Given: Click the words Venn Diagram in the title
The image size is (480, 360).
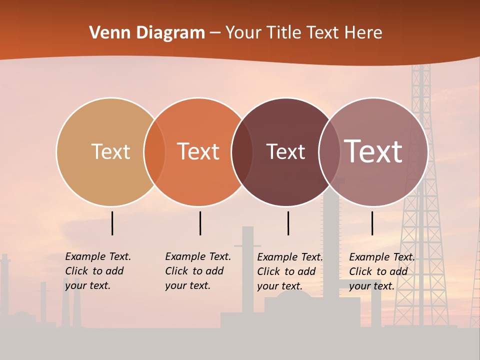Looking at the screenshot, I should coord(147,33).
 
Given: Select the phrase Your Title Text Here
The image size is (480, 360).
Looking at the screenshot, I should coord(303,33).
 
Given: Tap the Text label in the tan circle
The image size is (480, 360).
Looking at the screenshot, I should coord(110,151).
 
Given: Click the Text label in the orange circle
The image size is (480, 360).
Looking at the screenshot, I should coord(198,151).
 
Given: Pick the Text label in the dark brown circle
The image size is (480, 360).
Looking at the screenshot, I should coord(285,151).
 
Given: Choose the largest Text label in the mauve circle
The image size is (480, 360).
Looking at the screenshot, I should coord(373,151).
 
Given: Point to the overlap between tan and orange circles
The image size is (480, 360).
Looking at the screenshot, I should coord(154,151).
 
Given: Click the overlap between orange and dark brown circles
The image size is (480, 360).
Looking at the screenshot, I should coord(242,151).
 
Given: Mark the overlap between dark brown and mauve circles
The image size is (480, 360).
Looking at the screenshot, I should coord(329,151).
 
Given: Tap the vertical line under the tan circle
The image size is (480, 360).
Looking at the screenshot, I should coord(112,223).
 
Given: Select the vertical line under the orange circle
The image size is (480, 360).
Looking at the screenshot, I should coord(200,223).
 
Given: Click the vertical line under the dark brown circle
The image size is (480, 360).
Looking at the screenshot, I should coord(288,223).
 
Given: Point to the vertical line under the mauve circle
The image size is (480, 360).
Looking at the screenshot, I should coord(372,223).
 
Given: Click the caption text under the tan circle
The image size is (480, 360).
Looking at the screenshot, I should coord(98,271).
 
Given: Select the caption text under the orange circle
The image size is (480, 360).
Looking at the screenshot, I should coord(198,271).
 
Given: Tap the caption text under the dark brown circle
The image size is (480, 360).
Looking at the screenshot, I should coord(290,271).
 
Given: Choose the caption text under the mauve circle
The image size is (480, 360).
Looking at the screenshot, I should coord(382,271).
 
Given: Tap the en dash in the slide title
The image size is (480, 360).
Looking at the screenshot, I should coord(215,33).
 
